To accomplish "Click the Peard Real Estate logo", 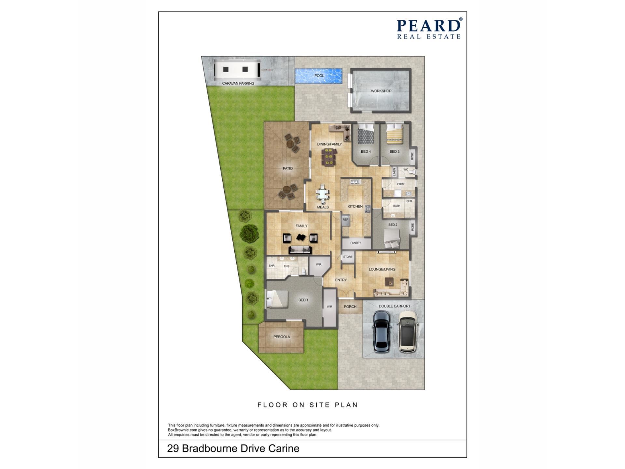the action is pos(429,29).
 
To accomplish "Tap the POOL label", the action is pos(319,76).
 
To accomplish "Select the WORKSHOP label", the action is pos(381,91).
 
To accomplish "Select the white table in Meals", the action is pos(322,194).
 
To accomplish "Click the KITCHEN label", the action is pos(355,206).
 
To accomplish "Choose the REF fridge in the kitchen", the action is pos(345,220).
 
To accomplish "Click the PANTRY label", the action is pos(355,243).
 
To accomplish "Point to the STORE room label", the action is pos(348,257).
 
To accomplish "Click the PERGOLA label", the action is pos(282,337).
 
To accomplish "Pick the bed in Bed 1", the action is pos(277,299).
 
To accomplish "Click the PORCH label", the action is pos(350,306).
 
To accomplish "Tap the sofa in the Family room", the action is pos(300,250).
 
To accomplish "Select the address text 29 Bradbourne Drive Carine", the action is pos(233,448).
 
